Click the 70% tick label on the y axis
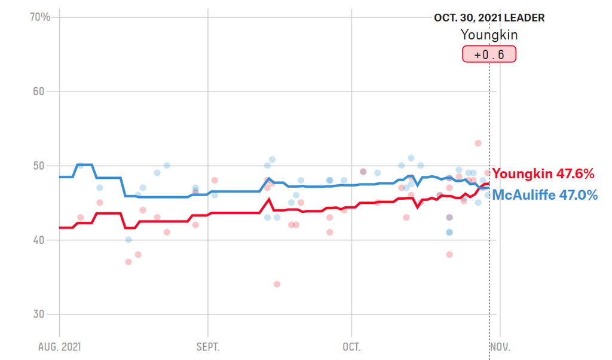[41, 17]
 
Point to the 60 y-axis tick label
[44, 91]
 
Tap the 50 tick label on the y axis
[44, 166]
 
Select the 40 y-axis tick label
[44, 240]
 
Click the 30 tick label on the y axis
[44, 314]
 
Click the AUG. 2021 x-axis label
[59, 347]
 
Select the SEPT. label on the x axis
[208, 347]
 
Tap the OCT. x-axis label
[351, 347]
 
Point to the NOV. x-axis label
[500, 347]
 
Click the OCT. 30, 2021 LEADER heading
[489, 18]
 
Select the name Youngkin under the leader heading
[489, 35]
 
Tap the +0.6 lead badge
[489, 54]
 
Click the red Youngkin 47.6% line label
[543, 174]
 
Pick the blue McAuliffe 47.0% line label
[544, 194]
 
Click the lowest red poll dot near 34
[277, 284]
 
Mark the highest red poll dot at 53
[478, 143]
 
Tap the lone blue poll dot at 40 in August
[128, 240]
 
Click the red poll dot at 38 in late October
[449, 254]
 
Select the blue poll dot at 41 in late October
[449, 232]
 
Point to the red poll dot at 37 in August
[128, 262]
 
